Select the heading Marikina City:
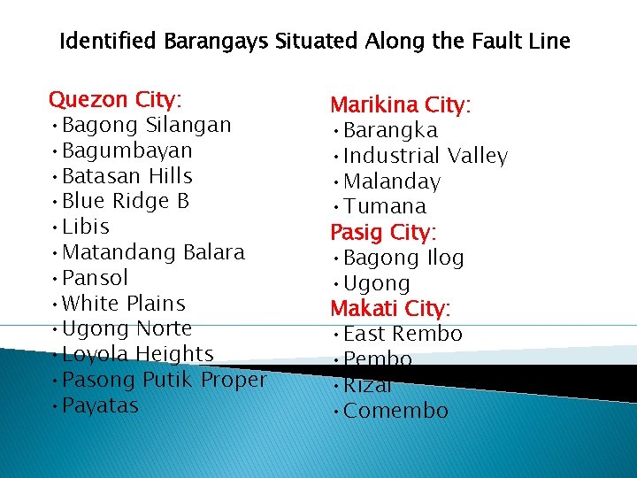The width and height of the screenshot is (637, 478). point(401,105)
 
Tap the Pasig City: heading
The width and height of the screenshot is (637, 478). point(384,232)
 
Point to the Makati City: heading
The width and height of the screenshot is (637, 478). point(390,309)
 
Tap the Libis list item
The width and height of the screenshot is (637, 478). point(86,227)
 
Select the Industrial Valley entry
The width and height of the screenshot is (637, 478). point(425,157)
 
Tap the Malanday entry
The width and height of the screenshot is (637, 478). point(391,181)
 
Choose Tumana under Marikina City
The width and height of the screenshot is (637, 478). point(384,206)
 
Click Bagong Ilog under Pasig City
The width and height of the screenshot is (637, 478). point(403,258)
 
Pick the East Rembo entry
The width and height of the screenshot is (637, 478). point(403,334)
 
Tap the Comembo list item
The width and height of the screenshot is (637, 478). point(395,411)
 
